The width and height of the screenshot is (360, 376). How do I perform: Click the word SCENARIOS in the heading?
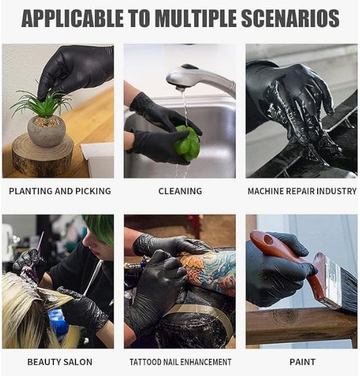coord(290,18)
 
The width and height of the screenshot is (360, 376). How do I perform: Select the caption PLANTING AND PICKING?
coord(60,191)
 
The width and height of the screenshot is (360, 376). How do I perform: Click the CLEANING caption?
coord(180,191)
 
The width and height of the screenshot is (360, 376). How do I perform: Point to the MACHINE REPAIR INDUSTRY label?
coord(302,191)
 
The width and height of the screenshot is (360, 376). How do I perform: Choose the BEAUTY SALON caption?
coord(59,362)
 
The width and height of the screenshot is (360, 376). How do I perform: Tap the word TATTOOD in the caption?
coord(146,362)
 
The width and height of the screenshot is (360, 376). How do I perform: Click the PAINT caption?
coord(302,362)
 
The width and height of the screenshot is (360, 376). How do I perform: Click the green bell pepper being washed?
coord(187,143)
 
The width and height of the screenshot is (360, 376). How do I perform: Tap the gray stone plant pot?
coord(47,130)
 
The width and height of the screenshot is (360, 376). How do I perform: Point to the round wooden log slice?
coord(43,156)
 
